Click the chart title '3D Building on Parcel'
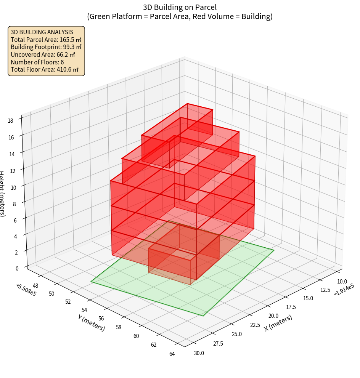point(180,7)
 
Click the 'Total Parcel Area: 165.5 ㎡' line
point(46,40)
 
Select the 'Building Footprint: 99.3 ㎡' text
point(46,47)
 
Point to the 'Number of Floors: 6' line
point(37,62)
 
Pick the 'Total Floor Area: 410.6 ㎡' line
point(45,69)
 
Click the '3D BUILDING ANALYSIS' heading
point(42,32)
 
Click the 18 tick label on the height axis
point(10,121)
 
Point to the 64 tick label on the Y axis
point(172,354)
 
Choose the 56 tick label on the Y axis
point(101,318)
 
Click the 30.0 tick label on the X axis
point(199,353)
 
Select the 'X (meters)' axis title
point(278,322)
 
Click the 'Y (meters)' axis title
point(91,322)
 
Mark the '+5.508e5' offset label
point(26,290)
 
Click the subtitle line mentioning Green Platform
point(180,16)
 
